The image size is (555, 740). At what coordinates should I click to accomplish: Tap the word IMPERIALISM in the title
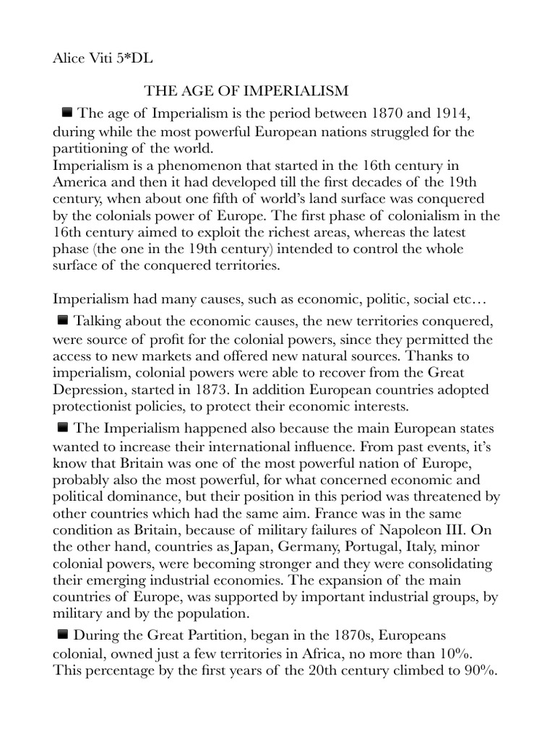coord(289,91)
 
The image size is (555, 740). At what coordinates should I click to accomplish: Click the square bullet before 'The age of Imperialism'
coord(68,112)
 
